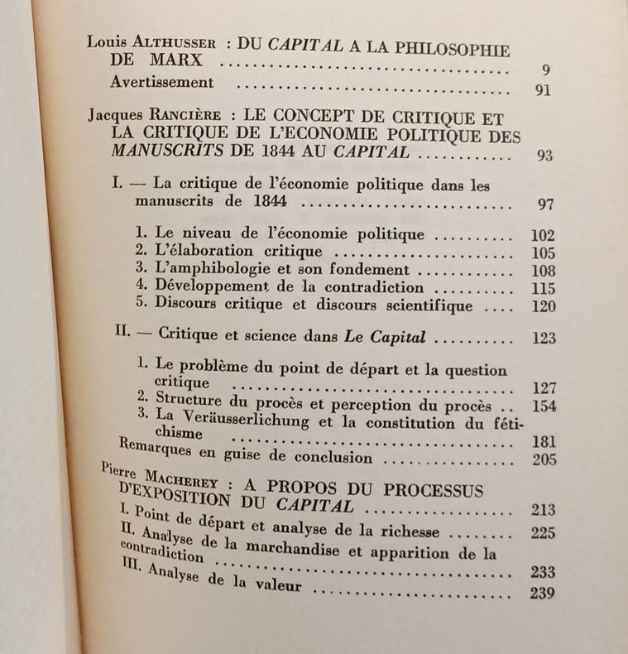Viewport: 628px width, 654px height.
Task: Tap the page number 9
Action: tap(545, 70)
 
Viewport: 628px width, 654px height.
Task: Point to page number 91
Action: tap(542, 90)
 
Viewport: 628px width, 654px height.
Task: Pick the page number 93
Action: tap(544, 156)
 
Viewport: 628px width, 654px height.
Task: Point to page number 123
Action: tap(544, 338)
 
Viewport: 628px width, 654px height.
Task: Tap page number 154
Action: tap(544, 406)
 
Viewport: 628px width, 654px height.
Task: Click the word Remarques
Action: tap(149, 454)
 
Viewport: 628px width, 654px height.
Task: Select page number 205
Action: tap(544, 459)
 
